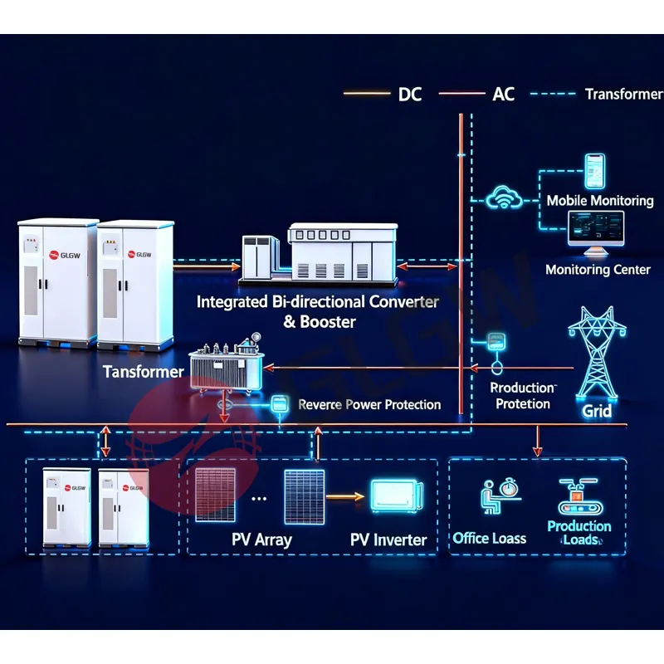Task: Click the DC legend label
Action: [x=410, y=94]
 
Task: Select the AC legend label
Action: [x=504, y=94]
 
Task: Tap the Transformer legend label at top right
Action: [x=623, y=94]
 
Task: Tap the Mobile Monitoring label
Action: [x=599, y=201]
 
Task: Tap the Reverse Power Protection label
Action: [x=369, y=404]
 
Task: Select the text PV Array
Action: [x=262, y=539]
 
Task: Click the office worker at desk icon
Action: [x=491, y=497]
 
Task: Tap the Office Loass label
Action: [x=490, y=539]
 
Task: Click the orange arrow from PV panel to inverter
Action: [x=345, y=497]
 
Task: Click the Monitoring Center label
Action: [x=598, y=270]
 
